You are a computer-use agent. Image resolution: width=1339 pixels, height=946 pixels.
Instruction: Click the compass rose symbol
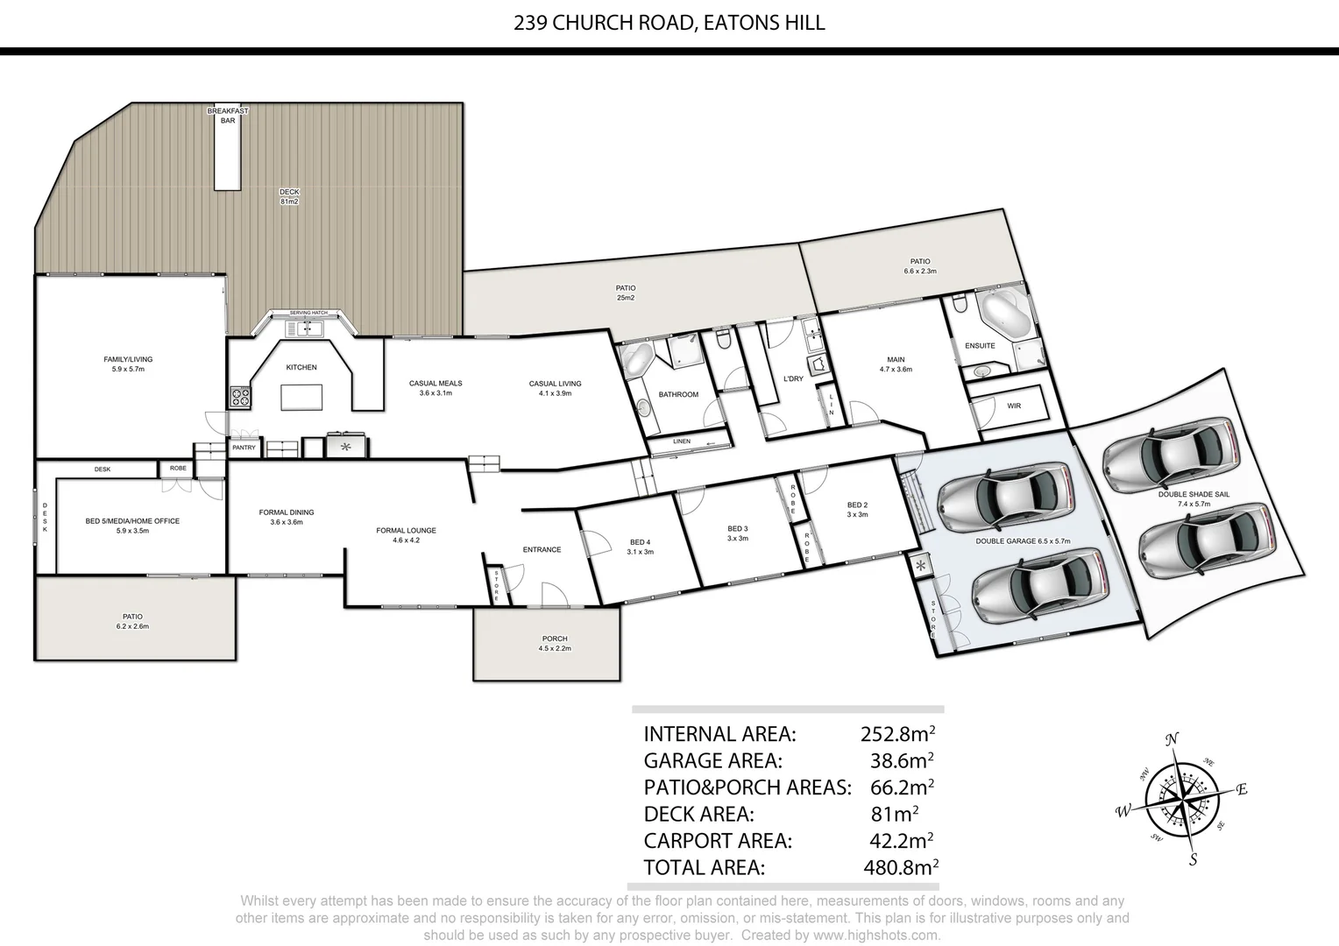tap(1182, 798)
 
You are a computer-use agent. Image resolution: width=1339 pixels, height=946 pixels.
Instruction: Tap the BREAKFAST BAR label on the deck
tap(228, 116)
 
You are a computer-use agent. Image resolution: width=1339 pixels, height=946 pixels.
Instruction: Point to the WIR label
tap(1014, 406)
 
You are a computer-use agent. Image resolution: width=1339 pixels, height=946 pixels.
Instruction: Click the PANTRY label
tap(244, 448)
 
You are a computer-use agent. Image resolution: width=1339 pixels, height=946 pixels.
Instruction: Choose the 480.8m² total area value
tap(901, 867)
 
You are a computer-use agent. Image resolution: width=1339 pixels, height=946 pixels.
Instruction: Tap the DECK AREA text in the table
tap(698, 814)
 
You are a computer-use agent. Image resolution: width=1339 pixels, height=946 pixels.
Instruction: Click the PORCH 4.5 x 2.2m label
tap(555, 643)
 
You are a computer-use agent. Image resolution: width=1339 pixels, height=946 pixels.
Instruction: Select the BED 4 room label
tap(640, 547)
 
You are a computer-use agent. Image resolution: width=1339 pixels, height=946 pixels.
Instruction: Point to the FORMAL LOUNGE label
tap(406, 534)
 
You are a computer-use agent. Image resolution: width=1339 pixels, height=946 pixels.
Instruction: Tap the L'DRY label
tap(793, 378)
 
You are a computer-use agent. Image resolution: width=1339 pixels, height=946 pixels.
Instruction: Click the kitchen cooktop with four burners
tap(240, 396)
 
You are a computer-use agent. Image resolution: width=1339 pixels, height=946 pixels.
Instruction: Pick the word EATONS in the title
tap(736, 23)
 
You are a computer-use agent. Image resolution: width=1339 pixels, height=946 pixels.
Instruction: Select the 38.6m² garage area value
tap(901, 760)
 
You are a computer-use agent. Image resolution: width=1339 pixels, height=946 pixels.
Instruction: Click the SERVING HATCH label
tap(308, 313)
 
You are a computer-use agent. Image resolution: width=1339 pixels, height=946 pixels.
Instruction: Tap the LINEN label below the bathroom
tap(682, 441)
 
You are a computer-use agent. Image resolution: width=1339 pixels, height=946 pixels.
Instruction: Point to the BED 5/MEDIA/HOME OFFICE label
tap(132, 525)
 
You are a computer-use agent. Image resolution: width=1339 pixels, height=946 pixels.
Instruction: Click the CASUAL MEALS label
tap(436, 387)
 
